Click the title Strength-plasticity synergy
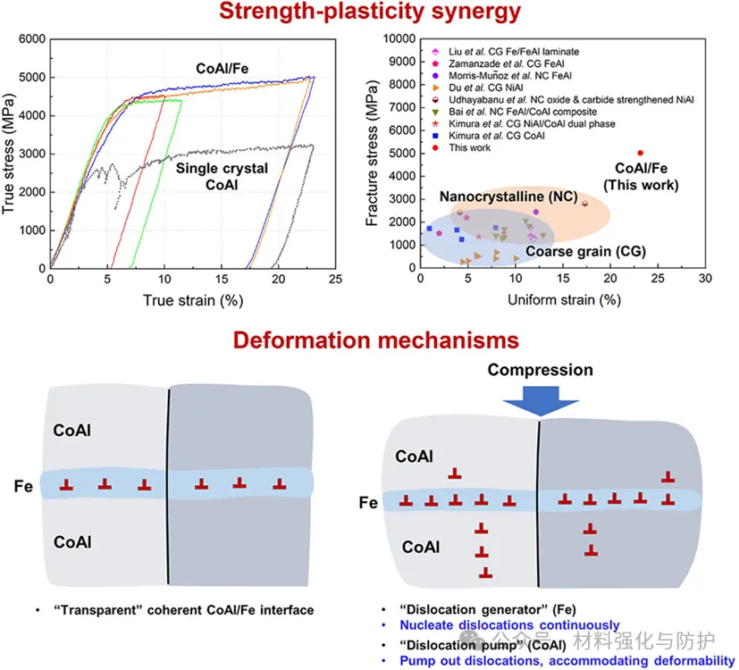[x=370, y=12]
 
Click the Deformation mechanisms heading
[x=375, y=339]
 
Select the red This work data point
[x=640, y=153]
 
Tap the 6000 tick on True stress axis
[x=32, y=38]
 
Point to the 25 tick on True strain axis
[x=335, y=279]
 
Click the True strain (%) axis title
[x=193, y=300]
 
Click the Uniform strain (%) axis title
[x=564, y=299]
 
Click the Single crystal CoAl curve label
[x=222, y=176]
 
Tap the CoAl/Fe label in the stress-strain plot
[x=222, y=69]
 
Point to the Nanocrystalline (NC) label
[x=508, y=197]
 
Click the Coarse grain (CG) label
[x=586, y=252]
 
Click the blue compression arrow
[x=541, y=401]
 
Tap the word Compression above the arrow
[x=540, y=370]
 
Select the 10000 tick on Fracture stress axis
[x=399, y=38]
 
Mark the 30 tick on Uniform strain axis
[x=705, y=279]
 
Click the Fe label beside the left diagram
[x=23, y=486]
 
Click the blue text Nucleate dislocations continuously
[x=509, y=625]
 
